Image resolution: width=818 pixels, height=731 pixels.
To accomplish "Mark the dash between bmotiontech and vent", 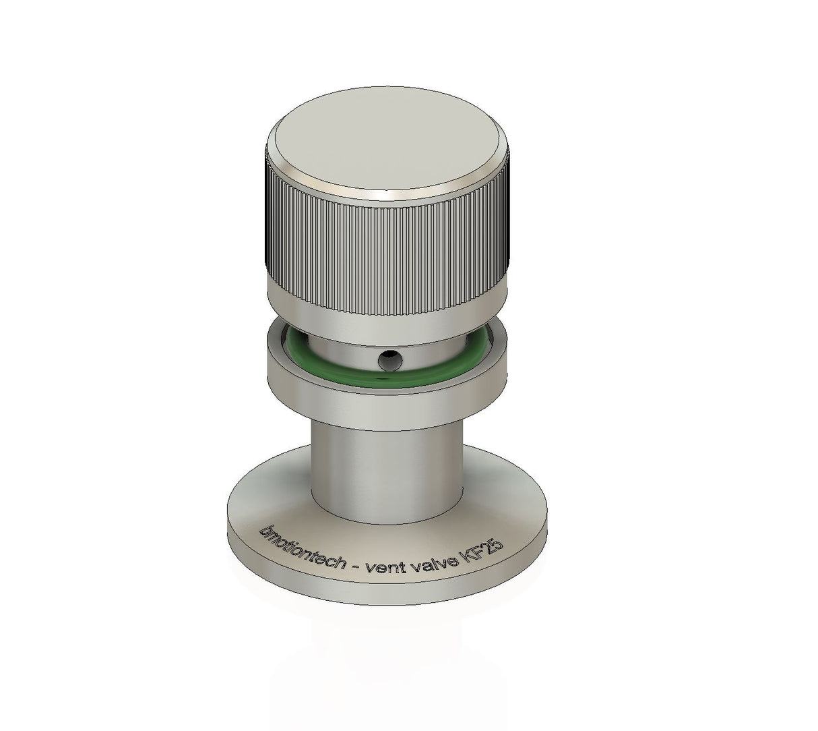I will click(x=356, y=566).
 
